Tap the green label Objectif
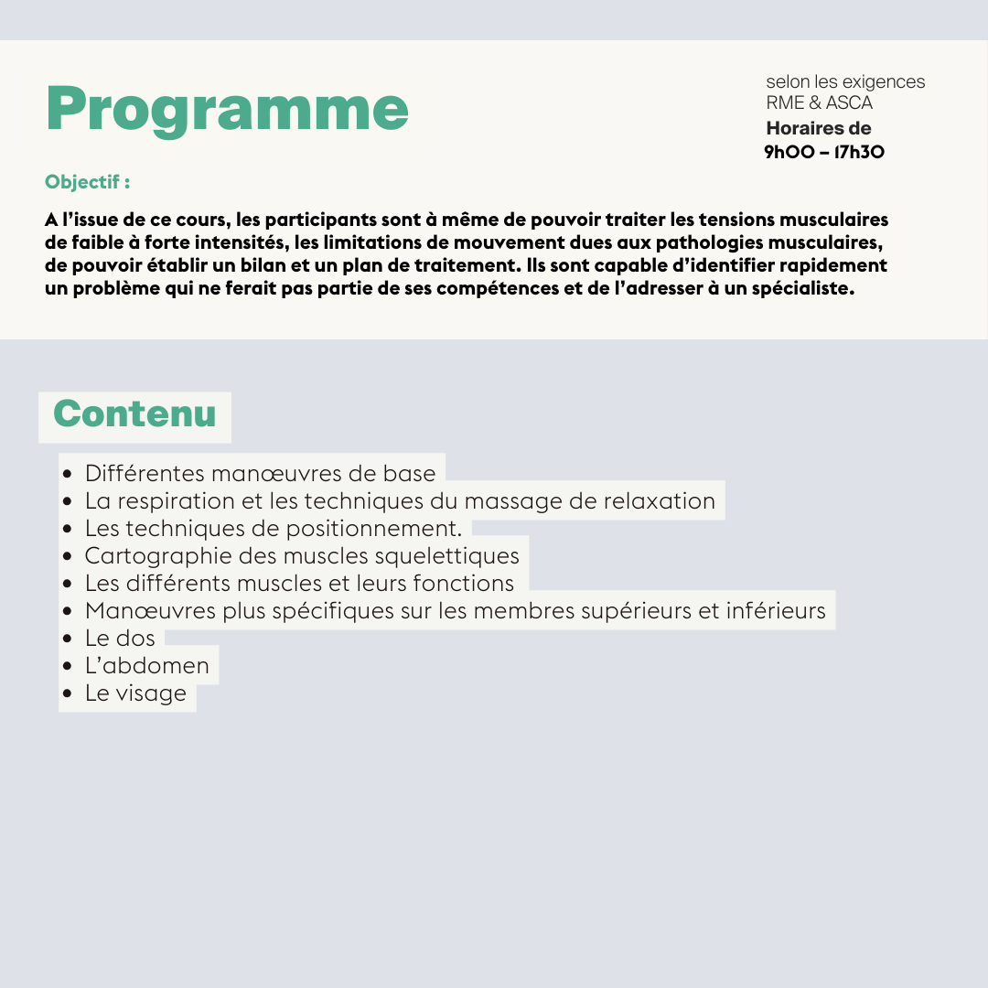click(87, 182)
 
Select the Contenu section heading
click(134, 413)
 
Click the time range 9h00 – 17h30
click(824, 152)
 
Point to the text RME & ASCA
click(819, 102)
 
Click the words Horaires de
click(818, 128)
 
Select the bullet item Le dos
click(120, 638)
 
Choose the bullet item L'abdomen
click(146, 665)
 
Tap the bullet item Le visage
click(135, 693)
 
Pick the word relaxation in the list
click(659, 501)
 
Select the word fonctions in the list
click(464, 583)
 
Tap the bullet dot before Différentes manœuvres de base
click(68, 475)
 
